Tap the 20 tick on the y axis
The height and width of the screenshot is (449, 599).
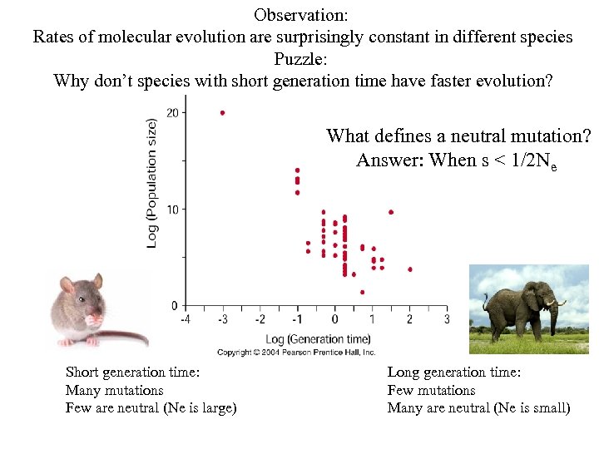pyautogui.click(x=171, y=112)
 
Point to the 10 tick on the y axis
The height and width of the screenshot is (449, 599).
pyautogui.click(x=171, y=209)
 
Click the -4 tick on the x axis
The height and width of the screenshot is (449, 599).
pyautogui.click(x=185, y=319)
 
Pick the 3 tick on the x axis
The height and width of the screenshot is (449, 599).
pyautogui.click(x=446, y=319)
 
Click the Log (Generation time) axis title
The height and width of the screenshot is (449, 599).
pyautogui.click(x=318, y=338)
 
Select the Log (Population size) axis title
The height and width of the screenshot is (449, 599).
pyautogui.click(x=152, y=182)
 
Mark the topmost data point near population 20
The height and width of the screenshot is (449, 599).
pyautogui.click(x=222, y=112)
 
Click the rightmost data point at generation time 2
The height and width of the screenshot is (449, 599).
pyautogui.click(x=410, y=269)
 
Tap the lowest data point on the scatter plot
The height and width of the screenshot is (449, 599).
pyautogui.click(x=362, y=292)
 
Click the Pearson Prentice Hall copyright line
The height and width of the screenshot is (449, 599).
pyautogui.click(x=297, y=353)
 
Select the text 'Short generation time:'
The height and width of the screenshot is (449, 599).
pyautogui.click(x=132, y=373)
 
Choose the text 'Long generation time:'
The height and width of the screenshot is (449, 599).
pyautogui.click(x=454, y=373)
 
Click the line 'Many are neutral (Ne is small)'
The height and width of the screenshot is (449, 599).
pyautogui.click(x=478, y=407)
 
